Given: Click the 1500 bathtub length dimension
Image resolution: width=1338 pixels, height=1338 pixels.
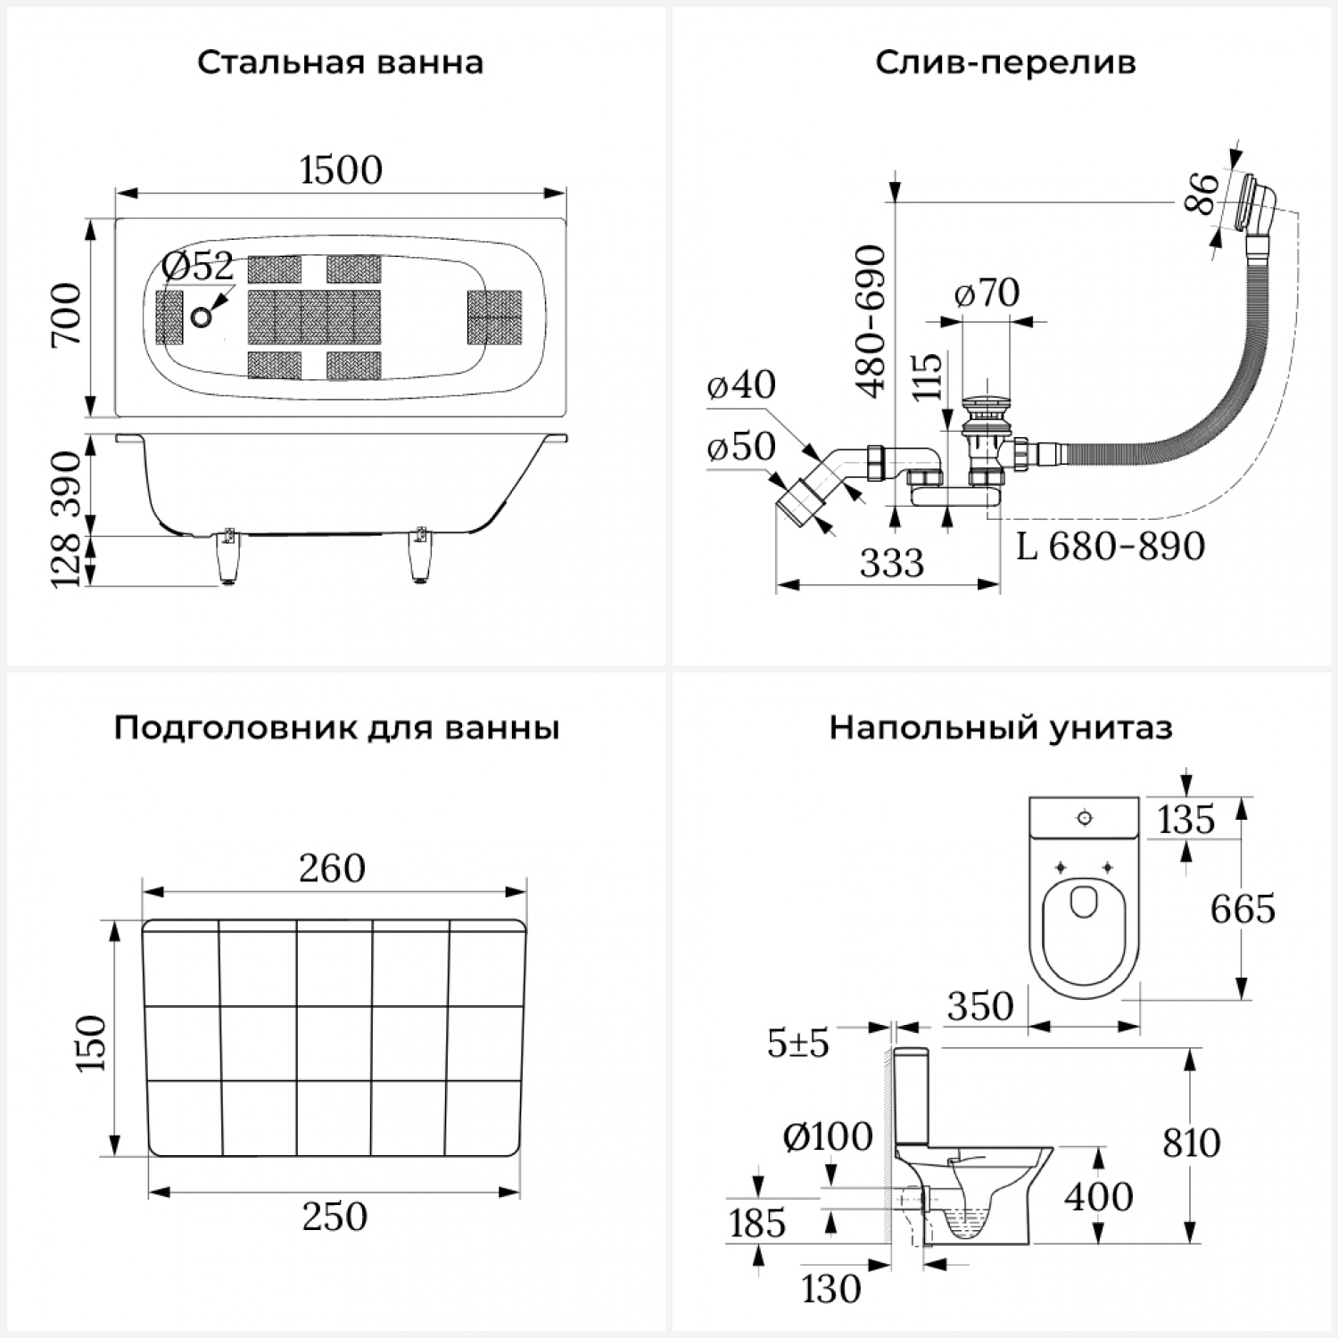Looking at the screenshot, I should [x=341, y=169].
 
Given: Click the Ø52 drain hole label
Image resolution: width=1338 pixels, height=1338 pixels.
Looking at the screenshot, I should [x=198, y=267].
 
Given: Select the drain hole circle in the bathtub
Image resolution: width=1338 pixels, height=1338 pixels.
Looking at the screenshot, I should [x=202, y=316].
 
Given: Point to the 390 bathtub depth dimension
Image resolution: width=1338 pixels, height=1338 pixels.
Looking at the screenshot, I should [x=67, y=486].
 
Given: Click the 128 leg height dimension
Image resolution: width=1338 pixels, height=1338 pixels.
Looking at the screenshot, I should [x=67, y=560].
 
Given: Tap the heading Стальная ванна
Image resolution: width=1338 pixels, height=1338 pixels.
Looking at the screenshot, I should [x=340, y=63].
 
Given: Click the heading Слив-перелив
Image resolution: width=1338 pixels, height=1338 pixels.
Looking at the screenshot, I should [x=1005, y=63].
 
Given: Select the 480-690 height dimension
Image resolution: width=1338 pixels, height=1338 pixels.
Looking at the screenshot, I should [x=871, y=321].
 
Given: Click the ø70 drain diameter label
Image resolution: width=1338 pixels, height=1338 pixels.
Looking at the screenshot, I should [x=987, y=293].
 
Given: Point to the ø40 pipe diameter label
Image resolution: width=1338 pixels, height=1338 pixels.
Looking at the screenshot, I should [x=741, y=384].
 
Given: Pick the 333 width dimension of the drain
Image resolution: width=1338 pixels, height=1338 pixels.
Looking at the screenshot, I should [x=891, y=563].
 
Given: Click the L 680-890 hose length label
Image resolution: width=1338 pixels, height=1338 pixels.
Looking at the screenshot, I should [x=1111, y=546].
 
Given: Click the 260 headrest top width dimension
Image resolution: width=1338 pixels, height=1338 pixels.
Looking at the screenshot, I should [x=332, y=868].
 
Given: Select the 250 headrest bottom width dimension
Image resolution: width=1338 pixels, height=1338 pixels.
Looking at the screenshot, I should [x=334, y=1217].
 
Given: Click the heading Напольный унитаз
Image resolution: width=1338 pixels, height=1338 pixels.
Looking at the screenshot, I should [x=1001, y=728].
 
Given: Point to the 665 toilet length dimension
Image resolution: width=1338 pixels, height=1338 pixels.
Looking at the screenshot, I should [x=1243, y=909].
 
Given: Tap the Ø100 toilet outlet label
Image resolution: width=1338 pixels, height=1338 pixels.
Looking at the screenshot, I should [x=827, y=1136].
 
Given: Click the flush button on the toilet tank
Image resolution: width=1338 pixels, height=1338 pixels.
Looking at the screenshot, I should [x=1085, y=817].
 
